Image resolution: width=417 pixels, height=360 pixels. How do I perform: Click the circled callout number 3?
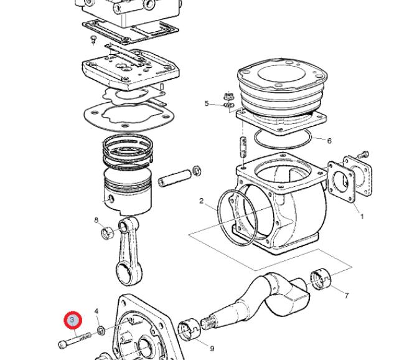pos(73,320)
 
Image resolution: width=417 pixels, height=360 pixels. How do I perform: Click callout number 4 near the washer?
pos(96,311)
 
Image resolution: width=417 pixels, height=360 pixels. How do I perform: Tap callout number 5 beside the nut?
pos(207,103)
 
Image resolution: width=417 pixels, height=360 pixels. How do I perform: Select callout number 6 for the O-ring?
pos(329,141)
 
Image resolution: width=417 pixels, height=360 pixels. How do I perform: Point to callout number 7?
pos(347,295)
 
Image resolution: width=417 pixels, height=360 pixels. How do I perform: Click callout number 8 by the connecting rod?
pos(96,220)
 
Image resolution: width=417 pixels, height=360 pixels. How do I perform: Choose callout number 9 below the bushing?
pos(212,349)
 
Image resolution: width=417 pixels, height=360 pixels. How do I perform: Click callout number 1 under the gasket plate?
pos(362,217)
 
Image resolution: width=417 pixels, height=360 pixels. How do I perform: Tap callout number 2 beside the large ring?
pos(202,201)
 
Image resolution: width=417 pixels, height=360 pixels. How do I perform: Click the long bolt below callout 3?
pos(75,339)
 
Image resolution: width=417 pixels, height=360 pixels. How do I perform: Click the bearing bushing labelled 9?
pos(189,328)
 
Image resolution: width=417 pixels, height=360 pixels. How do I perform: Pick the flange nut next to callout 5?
pos(228,98)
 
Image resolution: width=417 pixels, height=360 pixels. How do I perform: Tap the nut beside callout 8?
pos(106,234)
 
